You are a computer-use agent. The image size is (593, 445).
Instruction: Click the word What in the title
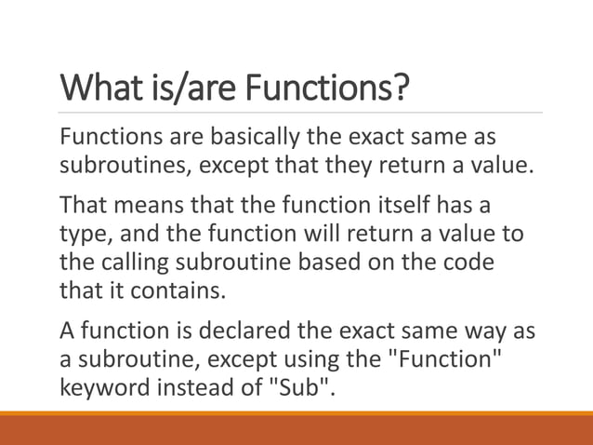click(x=103, y=90)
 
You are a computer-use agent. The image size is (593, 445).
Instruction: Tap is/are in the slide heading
click(x=192, y=90)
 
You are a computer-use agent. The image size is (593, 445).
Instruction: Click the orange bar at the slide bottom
click(x=296, y=429)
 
